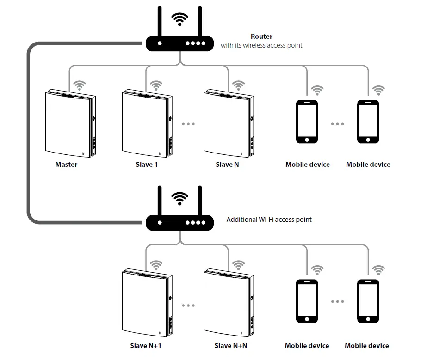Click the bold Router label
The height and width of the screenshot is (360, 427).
pos(261,37)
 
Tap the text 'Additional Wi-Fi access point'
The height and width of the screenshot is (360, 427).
pos(269,220)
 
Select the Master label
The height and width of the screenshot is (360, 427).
pos(66,165)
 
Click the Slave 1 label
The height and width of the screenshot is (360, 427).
pos(147,165)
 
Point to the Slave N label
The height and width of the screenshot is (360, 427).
pos(228,165)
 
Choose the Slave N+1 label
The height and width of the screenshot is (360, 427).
pos(146,346)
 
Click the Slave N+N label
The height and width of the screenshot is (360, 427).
pos(231,346)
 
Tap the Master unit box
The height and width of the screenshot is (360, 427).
pos(70,123)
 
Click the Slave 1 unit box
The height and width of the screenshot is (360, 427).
pos(147,123)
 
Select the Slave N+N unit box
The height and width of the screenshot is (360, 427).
pos(229,303)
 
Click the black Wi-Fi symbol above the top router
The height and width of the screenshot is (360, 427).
pos(180,19)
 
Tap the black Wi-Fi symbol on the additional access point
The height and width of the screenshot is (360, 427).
pos(180,199)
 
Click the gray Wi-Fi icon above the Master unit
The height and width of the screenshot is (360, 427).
pos(80,85)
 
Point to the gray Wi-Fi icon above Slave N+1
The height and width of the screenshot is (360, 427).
pos(156,265)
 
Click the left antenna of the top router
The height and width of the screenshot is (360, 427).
pos(160,22)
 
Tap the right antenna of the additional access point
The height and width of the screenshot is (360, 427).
pos(200,201)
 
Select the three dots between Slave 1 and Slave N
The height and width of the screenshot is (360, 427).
pos(188,124)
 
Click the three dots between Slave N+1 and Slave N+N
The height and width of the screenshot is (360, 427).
pos(188,305)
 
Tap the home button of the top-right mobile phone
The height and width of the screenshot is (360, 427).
pos(368,140)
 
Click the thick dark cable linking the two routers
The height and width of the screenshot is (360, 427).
pos(28,133)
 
